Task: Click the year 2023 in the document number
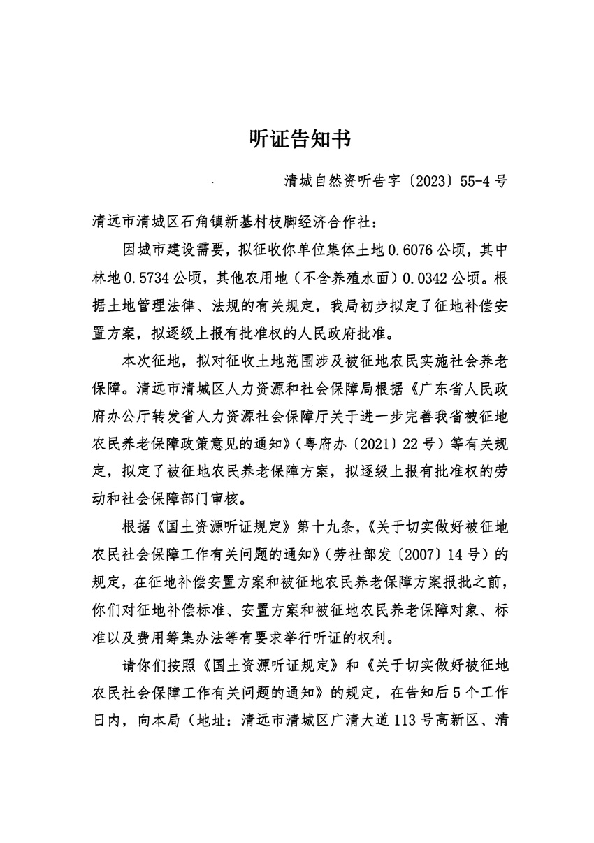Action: (x=431, y=182)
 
